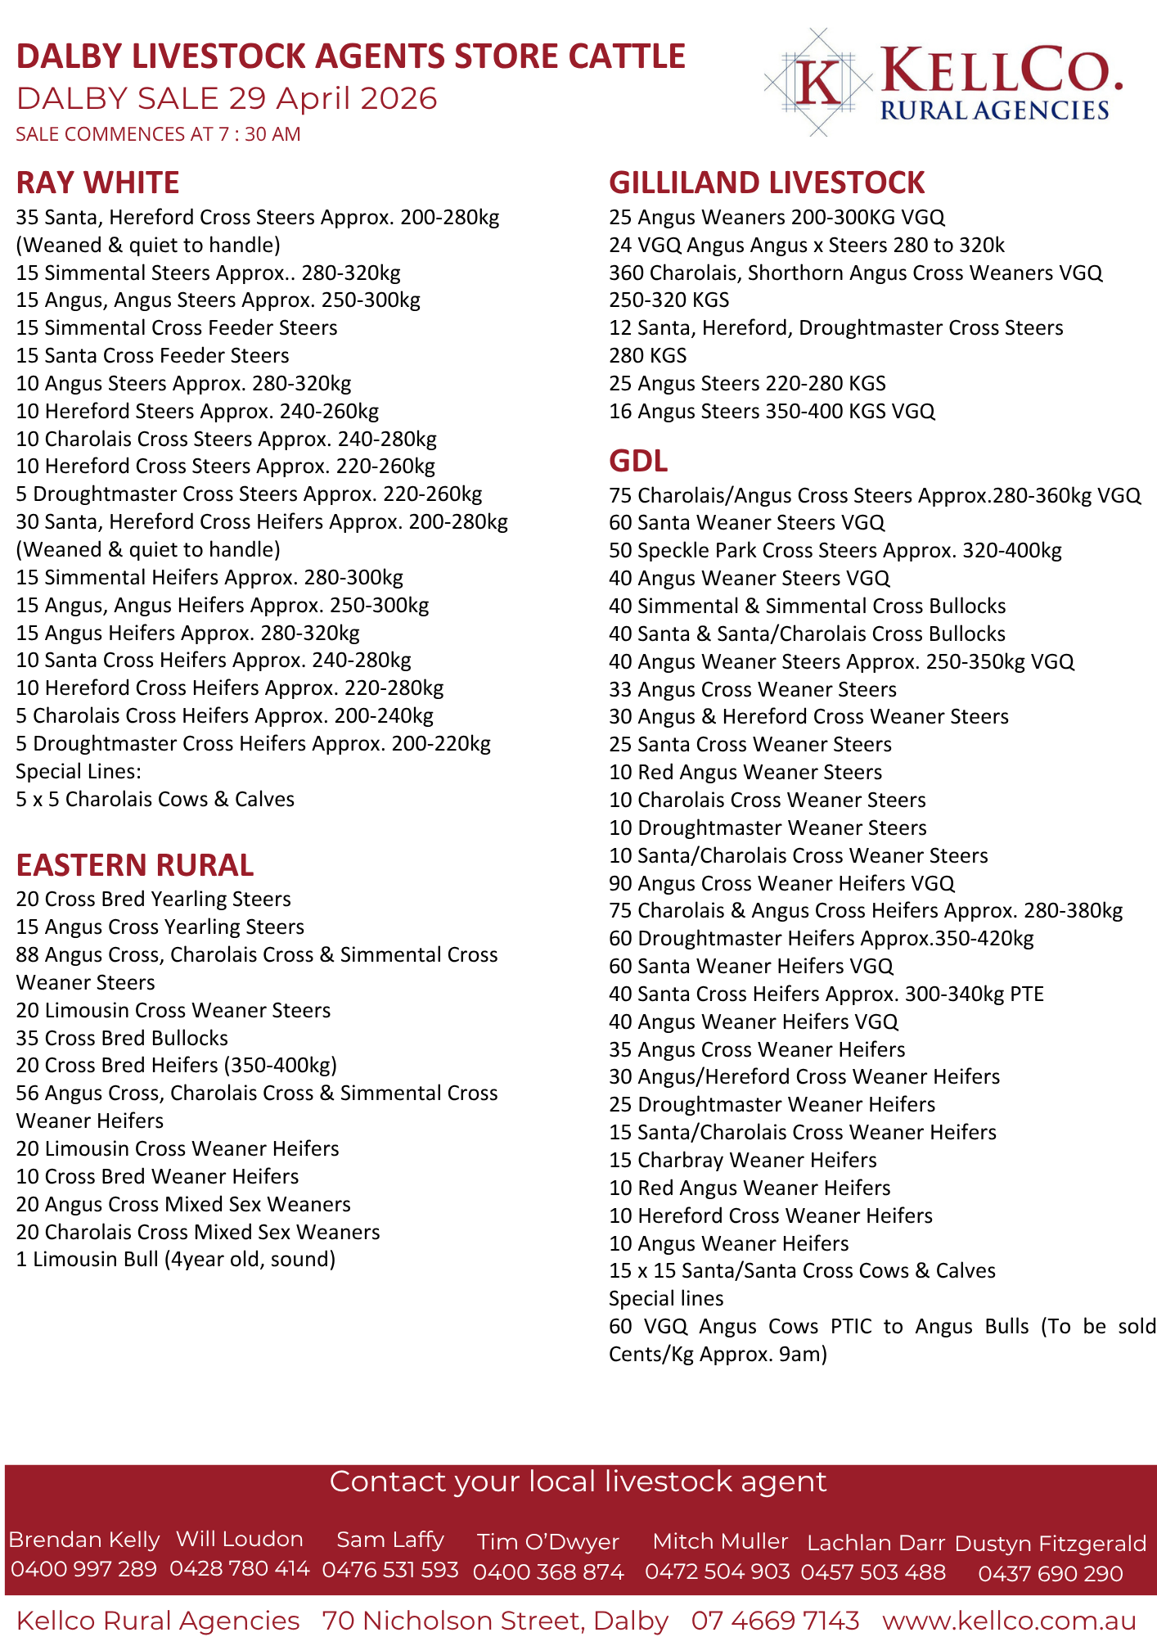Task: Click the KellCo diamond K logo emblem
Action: tap(818, 82)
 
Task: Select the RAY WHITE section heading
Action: tap(97, 183)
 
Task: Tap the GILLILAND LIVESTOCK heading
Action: tap(767, 183)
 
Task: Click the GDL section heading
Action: tap(638, 461)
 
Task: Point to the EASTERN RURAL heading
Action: tap(135, 865)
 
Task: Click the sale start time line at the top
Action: tap(158, 134)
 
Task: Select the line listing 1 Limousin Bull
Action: tap(176, 1259)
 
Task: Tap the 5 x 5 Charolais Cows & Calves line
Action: tap(155, 799)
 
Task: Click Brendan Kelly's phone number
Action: tap(83, 1569)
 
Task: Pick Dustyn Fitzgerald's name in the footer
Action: tap(1051, 1543)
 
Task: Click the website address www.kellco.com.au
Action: tap(1009, 1621)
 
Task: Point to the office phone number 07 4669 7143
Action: tap(775, 1621)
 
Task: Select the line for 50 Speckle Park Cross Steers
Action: tap(835, 550)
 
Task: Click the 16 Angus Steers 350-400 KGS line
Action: tap(772, 411)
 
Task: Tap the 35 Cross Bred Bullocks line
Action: tap(122, 1038)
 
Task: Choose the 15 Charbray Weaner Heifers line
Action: tap(742, 1160)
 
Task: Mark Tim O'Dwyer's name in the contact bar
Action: tap(548, 1542)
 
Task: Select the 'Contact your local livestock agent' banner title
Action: tap(578, 1481)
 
